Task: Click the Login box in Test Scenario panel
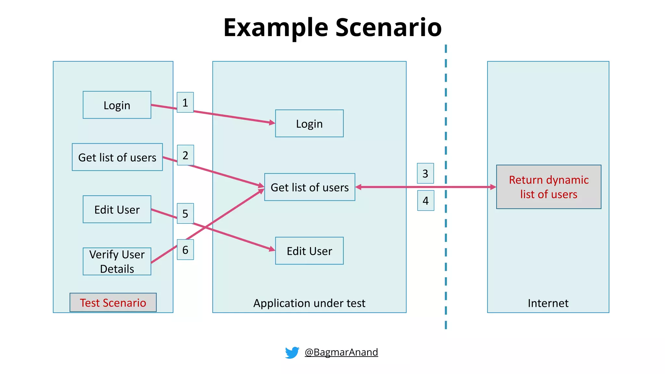[x=117, y=105]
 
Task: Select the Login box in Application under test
[x=309, y=123]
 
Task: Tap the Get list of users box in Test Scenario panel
[x=117, y=157]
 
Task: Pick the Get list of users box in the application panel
[x=309, y=187]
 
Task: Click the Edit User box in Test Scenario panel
[x=117, y=209]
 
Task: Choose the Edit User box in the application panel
[x=309, y=251]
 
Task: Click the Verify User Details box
[x=117, y=261]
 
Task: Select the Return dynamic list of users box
[x=548, y=187]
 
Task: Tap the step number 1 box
[x=185, y=102]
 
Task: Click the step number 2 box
[x=185, y=155]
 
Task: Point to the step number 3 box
[x=425, y=173]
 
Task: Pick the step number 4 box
[x=425, y=201]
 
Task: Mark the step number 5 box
[x=185, y=213]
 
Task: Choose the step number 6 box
[x=185, y=250]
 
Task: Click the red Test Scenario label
[x=113, y=303]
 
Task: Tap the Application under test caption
[x=309, y=303]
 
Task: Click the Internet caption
[x=548, y=303]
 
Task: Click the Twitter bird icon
[x=292, y=352]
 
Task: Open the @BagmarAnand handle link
[x=341, y=352]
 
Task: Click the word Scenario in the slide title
[x=388, y=27]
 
